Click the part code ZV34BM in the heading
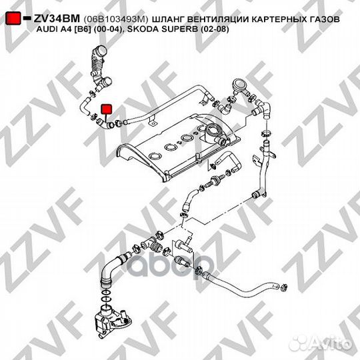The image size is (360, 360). tap(57, 19)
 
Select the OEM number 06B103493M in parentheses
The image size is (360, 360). tap(115, 19)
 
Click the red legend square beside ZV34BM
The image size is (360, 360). tap(13, 19)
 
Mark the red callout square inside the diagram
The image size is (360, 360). tap(107, 109)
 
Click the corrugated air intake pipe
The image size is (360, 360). tap(99, 67)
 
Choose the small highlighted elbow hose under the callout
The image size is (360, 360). tap(105, 123)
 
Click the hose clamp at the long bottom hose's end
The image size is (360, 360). tap(284, 287)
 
